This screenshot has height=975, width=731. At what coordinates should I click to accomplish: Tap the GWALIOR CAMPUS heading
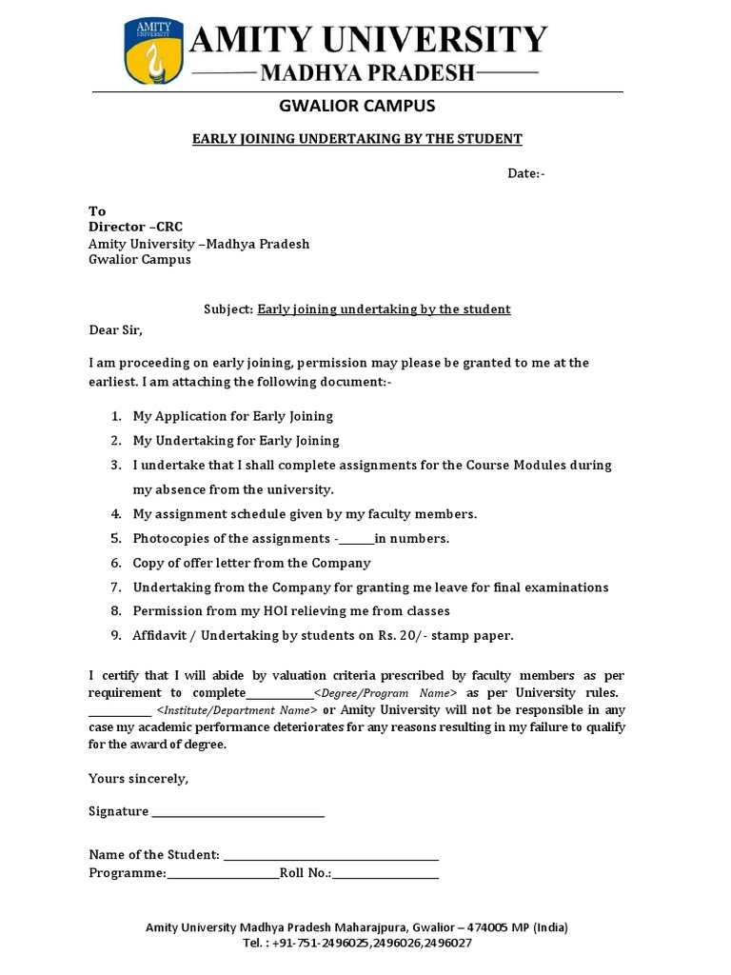tap(357, 106)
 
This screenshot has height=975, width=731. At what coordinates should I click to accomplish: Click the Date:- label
tap(525, 173)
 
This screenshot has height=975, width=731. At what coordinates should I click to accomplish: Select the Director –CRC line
tap(135, 227)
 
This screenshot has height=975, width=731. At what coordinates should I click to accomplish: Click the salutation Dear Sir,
tap(115, 330)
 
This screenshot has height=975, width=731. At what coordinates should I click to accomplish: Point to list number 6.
tap(115, 563)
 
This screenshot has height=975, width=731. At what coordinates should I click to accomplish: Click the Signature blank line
tap(238, 813)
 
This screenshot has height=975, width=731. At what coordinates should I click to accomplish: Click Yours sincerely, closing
tap(139, 779)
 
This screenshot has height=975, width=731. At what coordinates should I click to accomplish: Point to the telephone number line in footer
tap(357, 943)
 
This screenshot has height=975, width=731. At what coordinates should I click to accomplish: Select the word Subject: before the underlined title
tap(228, 309)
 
